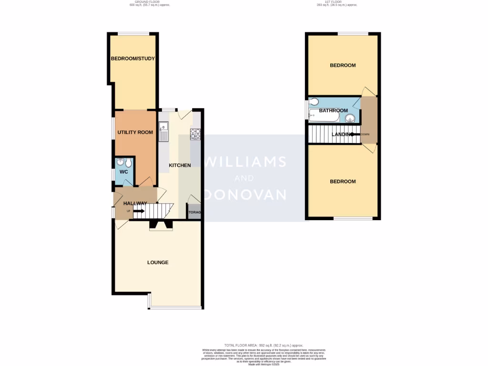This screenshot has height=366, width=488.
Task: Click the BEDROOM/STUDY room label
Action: click(x=133, y=59)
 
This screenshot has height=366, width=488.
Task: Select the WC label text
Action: click(x=123, y=172)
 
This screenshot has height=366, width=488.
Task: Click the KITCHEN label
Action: click(x=180, y=165)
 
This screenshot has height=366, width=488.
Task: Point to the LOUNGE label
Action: click(x=158, y=263)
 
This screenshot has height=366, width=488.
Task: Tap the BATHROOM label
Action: click(x=334, y=111)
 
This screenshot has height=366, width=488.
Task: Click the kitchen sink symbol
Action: click(x=163, y=131)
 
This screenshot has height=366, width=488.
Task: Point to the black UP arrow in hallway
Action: click(x=140, y=211)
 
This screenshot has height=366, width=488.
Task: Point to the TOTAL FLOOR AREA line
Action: click(x=264, y=345)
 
